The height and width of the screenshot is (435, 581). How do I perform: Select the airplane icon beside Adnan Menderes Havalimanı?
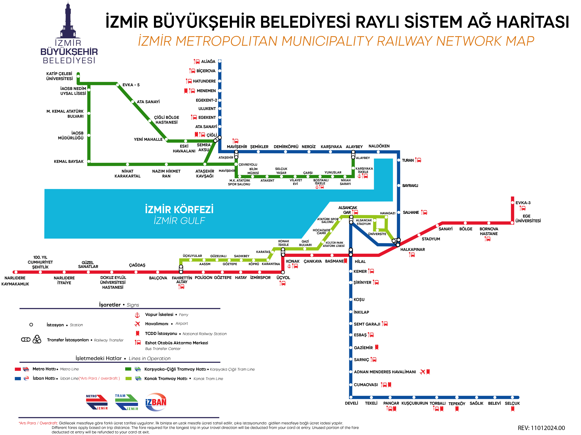[x=422, y=372]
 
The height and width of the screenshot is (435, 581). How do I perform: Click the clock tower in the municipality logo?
[x=68, y=21]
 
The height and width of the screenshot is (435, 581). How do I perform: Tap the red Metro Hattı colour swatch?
[x=18, y=369]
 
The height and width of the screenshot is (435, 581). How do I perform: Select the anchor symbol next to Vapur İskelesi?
[x=137, y=315]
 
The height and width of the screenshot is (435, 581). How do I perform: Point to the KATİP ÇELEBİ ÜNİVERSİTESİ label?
[x=59, y=76]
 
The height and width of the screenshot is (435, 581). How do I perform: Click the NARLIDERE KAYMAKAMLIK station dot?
[x=16, y=272]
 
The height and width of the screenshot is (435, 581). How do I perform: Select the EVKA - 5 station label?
[x=131, y=85]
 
